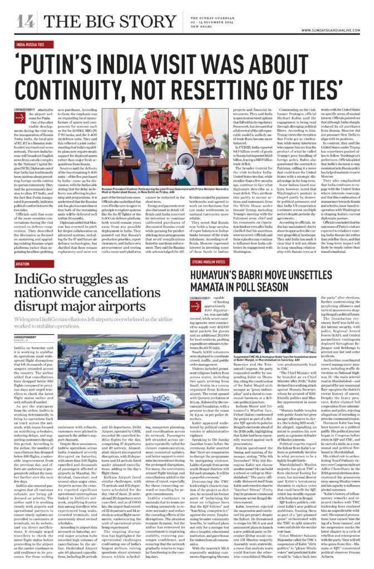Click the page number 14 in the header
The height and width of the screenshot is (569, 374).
[26, 21]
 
